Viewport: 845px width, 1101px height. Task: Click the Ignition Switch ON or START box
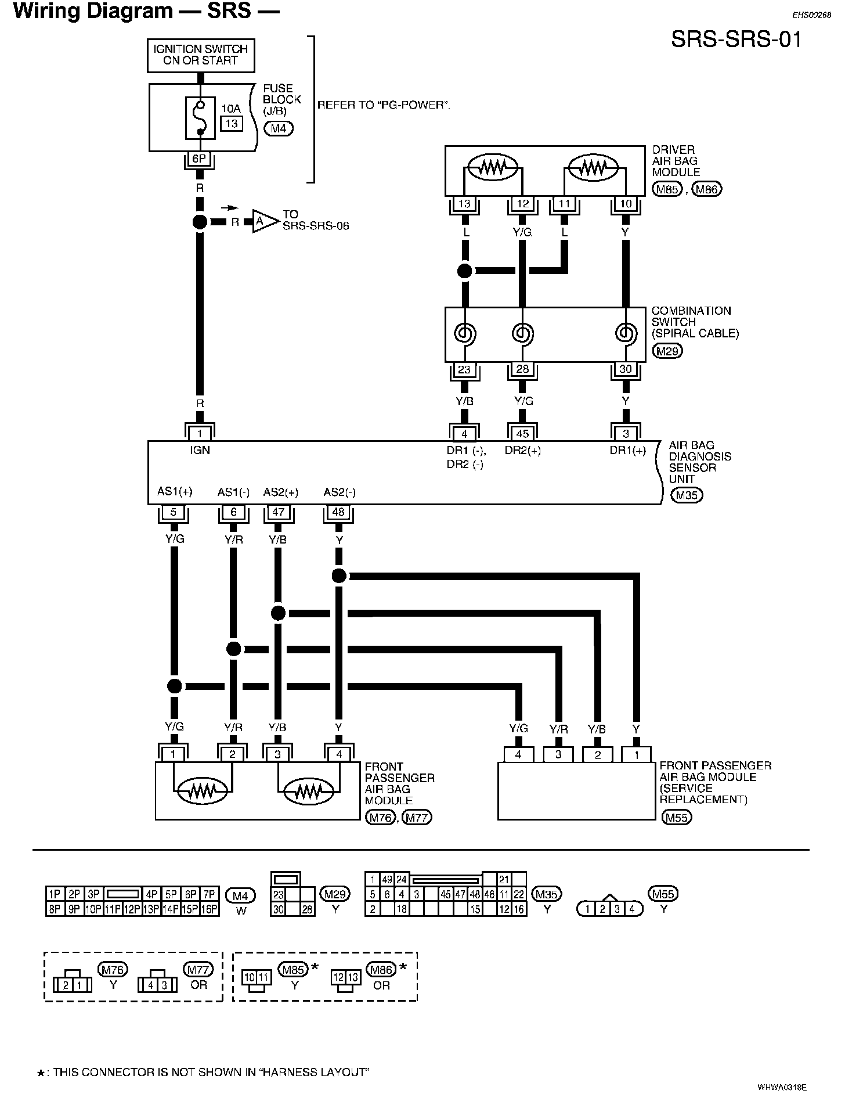(x=200, y=55)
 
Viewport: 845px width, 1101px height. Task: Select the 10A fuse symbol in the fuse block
(x=200, y=118)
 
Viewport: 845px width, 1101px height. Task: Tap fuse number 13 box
(x=231, y=124)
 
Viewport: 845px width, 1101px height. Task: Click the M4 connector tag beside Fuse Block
(x=279, y=128)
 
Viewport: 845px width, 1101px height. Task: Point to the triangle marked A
(x=261, y=222)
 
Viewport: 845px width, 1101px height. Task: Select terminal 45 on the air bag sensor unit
(x=522, y=433)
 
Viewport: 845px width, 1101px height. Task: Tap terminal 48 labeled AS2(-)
(x=338, y=513)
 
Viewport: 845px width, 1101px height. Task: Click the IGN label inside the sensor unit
(x=200, y=450)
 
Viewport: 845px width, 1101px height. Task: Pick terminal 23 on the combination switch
(x=464, y=369)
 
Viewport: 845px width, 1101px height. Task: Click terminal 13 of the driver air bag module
(x=464, y=204)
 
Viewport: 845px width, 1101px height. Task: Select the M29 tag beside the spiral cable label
(x=667, y=351)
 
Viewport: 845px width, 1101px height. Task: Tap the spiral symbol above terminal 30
(x=625, y=333)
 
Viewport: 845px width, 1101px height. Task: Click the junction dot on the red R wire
(x=200, y=222)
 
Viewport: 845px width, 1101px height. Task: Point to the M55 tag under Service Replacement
(x=677, y=818)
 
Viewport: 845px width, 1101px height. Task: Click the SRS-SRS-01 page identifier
(x=736, y=39)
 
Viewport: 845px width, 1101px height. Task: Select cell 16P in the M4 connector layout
(x=210, y=909)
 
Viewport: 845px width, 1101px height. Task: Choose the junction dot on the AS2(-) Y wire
(x=339, y=576)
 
